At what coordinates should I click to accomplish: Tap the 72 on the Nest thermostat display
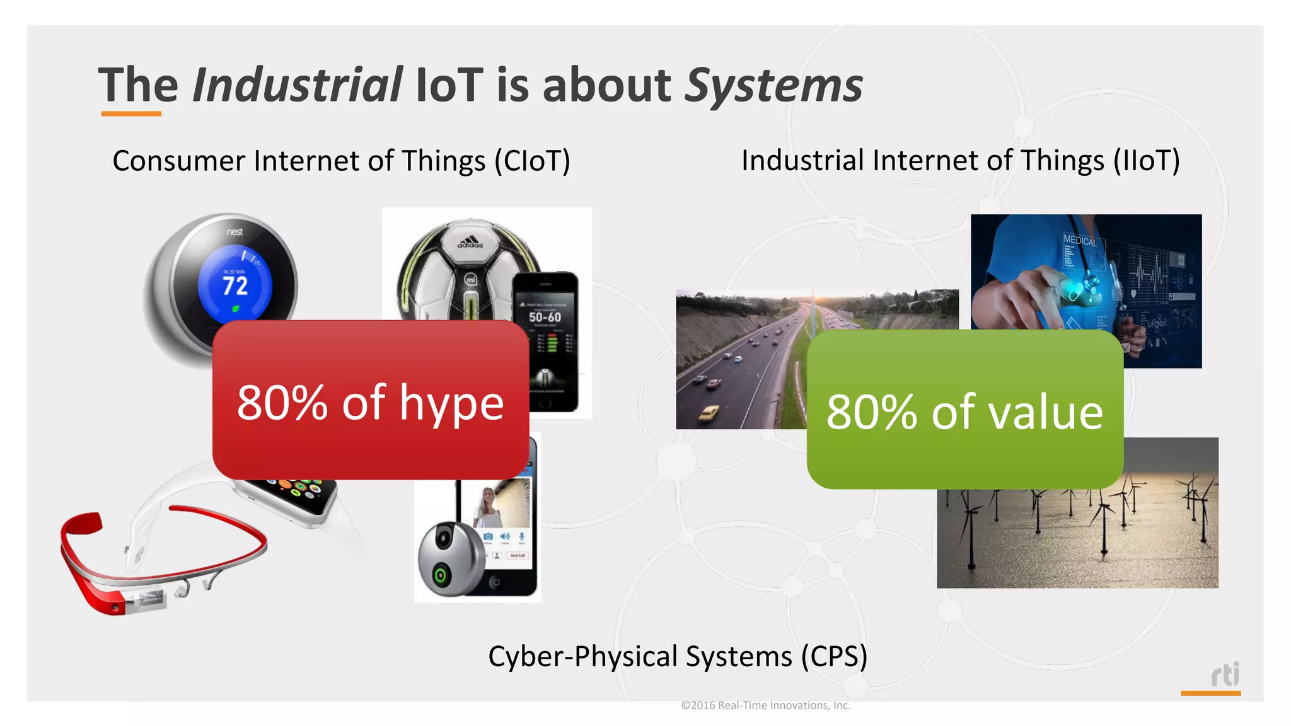click(x=234, y=286)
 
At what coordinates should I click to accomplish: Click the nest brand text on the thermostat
click(x=234, y=232)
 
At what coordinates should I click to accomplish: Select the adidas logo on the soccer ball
click(x=470, y=242)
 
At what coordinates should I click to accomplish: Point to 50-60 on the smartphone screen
click(x=545, y=317)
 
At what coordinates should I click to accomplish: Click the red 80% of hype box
click(x=370, y=401)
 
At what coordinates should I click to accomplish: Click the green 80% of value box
click(x=964, y=410)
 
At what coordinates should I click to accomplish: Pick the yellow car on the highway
click(x=709, y=413)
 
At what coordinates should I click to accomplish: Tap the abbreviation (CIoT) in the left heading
click(x=532, y=161)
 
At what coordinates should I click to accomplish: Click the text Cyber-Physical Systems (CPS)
click(x=678, y=656)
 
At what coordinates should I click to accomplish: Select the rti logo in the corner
click(x=1225, y=674)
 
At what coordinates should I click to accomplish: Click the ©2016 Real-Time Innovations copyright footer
click(x=765, y=705)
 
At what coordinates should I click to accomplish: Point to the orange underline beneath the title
click(x=131, y=114)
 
